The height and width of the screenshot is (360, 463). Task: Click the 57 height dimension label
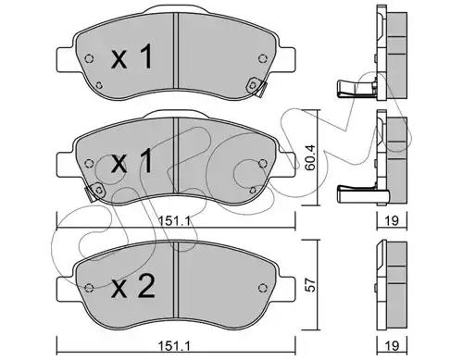point(310,285)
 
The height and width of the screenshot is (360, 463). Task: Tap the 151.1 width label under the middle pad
point(174,220)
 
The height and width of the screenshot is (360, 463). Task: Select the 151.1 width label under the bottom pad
point(174,345)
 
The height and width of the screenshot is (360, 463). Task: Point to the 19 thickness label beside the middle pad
point(392,220)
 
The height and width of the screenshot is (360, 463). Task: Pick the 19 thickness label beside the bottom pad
point(392,345)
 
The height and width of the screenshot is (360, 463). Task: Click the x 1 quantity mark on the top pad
point(131,56)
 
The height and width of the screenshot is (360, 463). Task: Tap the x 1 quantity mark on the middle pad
point(131,160)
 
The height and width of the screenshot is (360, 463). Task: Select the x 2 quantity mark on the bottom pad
point(133,286)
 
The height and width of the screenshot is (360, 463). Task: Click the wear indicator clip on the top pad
point(257,86)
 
